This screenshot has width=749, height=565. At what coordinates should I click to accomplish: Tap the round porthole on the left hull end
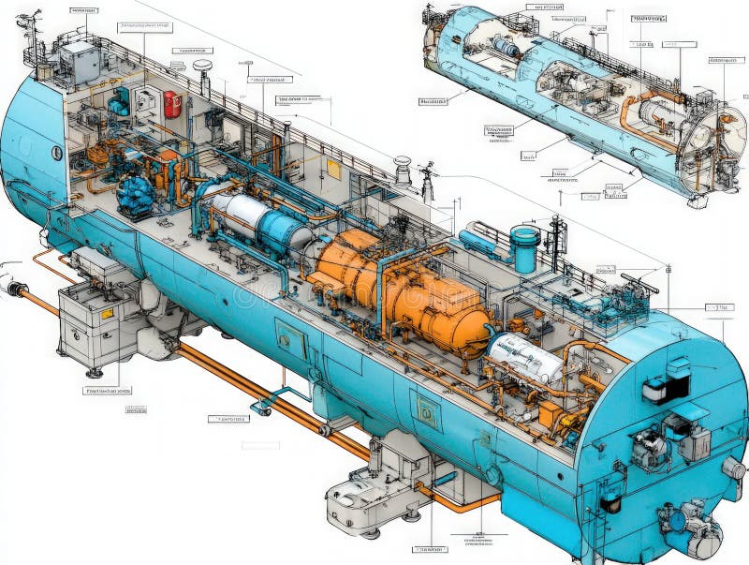point(56,153)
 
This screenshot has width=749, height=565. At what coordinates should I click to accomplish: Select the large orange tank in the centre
point(403,286)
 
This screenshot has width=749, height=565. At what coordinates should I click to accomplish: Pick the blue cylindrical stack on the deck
point(524,248)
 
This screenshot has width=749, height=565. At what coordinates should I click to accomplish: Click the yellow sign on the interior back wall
point(333,169)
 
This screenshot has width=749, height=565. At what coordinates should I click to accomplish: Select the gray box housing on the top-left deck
point(80,61)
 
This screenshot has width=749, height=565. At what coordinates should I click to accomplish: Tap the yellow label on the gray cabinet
point(107,313)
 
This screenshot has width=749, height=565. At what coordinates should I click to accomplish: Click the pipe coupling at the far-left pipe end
point(14,289)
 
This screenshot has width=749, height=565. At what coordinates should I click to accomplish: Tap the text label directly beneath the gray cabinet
point(107,390)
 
